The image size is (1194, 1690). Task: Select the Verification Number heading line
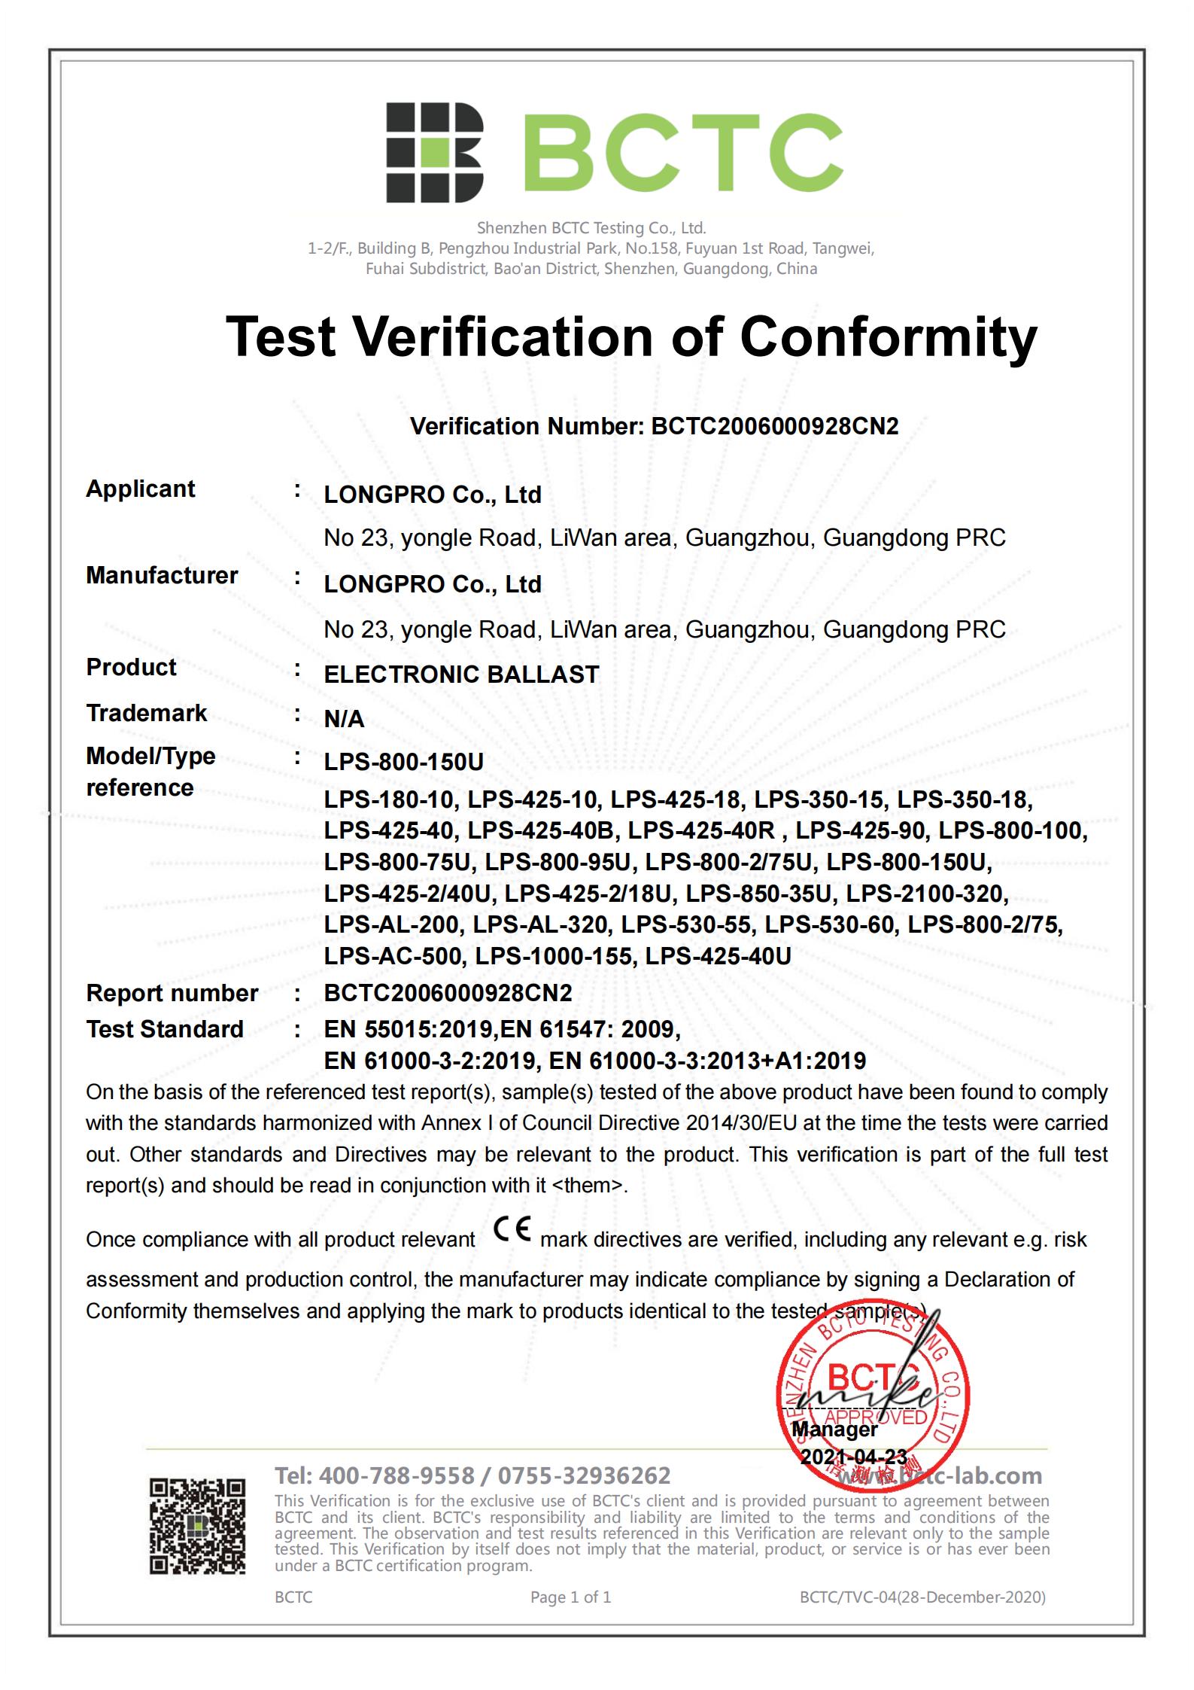[x=654, y=427]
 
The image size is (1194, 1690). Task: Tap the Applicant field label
[x=140, y=489]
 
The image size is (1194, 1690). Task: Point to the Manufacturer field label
[x=162, y=576]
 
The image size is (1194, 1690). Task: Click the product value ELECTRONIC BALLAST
[x=461, y=674]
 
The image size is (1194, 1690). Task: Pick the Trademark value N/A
[x=344, y=720]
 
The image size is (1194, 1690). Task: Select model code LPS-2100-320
[x=927, y=894]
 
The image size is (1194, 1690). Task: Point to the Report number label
[x=172, y=994]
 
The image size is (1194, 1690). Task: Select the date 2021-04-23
[x=854, y=1457]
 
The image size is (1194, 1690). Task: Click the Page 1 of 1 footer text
[x=570, y=1597]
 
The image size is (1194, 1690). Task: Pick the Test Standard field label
[x=165, y=1030]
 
